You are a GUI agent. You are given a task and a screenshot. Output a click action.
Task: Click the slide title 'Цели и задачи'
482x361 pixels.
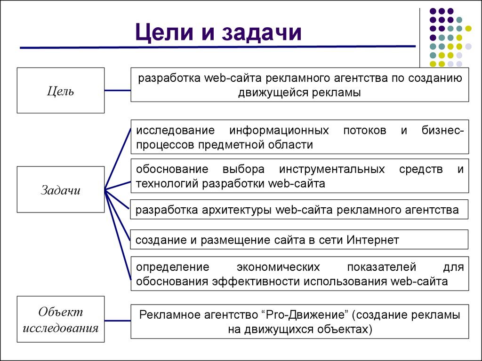pos(218,33)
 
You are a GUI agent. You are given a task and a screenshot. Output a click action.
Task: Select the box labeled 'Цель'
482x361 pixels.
pos(61,90)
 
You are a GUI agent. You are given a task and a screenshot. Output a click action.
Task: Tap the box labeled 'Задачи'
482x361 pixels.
pos(61,190)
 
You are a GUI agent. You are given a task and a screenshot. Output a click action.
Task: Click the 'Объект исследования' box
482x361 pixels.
pos(61,320)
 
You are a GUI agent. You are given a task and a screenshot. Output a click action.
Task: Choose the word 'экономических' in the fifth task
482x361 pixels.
pos(278,267)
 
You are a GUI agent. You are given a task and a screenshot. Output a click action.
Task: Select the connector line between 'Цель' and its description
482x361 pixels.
pos(118,90)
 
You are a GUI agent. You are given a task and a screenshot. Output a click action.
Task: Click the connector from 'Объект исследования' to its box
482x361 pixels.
pos(118,321)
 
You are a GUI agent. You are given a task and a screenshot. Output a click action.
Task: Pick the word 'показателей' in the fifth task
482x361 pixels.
pos(381,267)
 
